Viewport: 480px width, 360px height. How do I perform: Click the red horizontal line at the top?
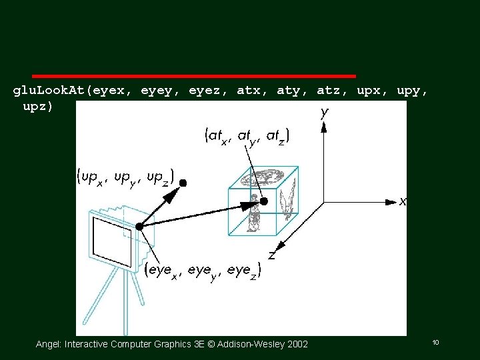193,77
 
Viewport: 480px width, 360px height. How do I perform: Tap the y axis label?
324,113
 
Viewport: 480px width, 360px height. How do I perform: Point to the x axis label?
402,201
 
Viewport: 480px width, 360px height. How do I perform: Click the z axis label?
272,255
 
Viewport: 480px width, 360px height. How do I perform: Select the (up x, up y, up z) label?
125,177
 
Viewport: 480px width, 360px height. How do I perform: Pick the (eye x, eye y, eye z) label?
203,270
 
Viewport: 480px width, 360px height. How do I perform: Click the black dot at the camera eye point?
139,227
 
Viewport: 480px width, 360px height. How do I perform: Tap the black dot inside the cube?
264,201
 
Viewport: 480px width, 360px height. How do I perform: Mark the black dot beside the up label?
183,181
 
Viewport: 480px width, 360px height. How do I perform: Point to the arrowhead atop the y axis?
323,127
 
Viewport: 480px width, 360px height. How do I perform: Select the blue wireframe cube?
262,202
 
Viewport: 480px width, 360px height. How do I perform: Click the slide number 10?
435,342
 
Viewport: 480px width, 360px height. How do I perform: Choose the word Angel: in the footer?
49,344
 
